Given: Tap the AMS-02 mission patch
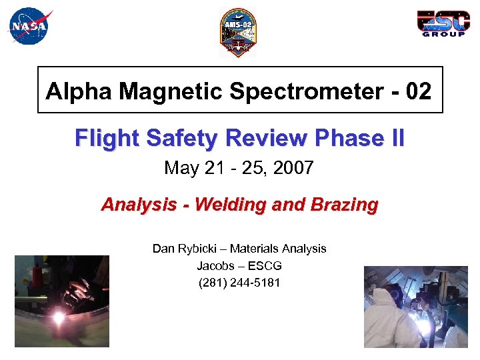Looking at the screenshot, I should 237,33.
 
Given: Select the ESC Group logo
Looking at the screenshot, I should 441,23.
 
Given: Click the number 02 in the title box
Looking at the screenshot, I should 416,91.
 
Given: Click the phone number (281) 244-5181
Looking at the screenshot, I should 240,283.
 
